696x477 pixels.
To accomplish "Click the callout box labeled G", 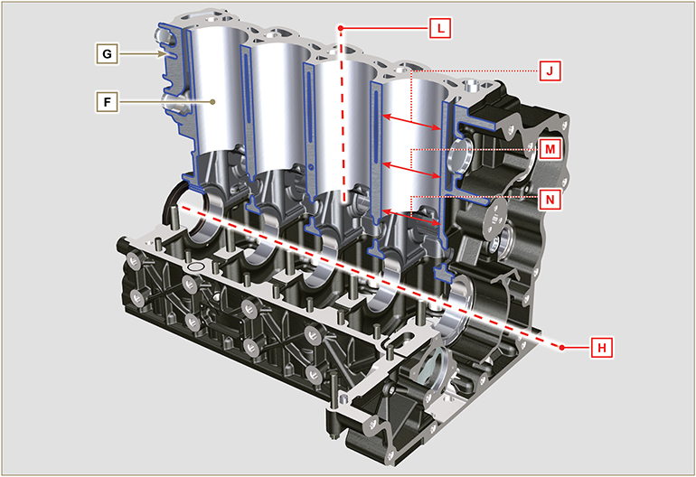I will pyautogui.click(x=107, y=54).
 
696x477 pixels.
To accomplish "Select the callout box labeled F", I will pyautogui.click(x=107, y=103).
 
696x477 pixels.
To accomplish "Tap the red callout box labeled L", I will pyautogui.click(x=439, y=28).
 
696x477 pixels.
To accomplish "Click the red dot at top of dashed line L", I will pyautogui.click(x=342, y=28).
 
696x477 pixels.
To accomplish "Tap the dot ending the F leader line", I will pyautogui.click(x=212, y=103).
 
